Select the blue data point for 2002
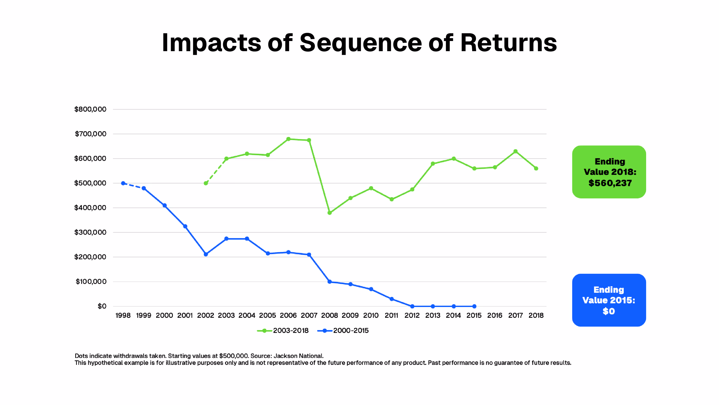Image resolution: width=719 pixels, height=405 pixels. point(206,254)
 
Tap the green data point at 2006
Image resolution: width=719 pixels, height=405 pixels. point(288,139)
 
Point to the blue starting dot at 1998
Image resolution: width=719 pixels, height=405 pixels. point(123,183)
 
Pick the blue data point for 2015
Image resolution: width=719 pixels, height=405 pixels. point(474,306)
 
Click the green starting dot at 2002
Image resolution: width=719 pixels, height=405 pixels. point(206,183)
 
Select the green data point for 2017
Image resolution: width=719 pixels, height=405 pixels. point(515,151)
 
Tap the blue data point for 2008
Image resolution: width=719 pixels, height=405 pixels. point(330,282)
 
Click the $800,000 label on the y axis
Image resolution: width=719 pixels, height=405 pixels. point(90,109)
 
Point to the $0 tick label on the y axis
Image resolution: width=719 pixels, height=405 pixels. point(102,306)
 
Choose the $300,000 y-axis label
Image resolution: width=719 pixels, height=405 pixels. point(90,232)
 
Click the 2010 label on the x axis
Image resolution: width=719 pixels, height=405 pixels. point(371,316)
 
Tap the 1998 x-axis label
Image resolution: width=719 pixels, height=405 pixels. point(123,316)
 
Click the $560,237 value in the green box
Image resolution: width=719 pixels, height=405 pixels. point(610,183)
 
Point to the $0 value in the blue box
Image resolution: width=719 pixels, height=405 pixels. point(609,311)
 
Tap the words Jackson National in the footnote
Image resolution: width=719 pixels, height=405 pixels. point(298,356)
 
